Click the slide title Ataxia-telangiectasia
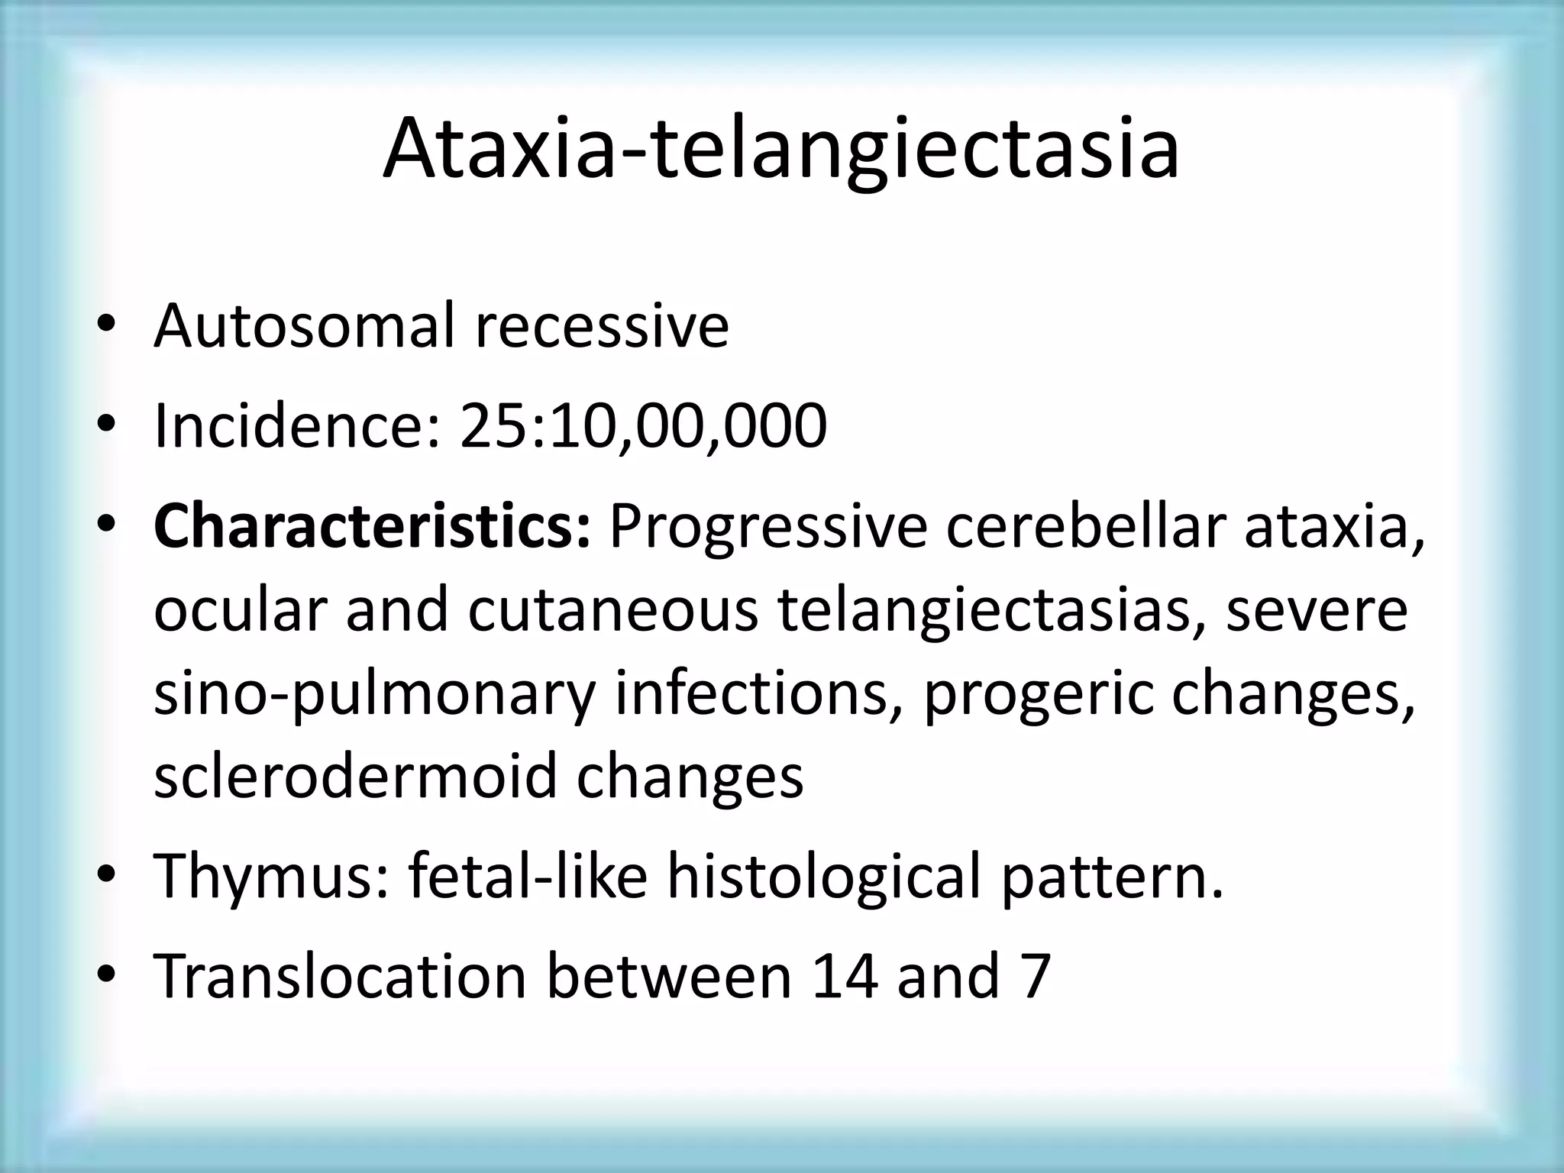tap(780, 148)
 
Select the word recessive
tap(602, 326)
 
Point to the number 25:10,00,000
tap(643, 425)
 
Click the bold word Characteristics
tap(372, 527)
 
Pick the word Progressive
tap(767, 527)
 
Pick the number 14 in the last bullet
tap(845, 976)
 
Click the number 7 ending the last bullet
tap(1036, 976)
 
